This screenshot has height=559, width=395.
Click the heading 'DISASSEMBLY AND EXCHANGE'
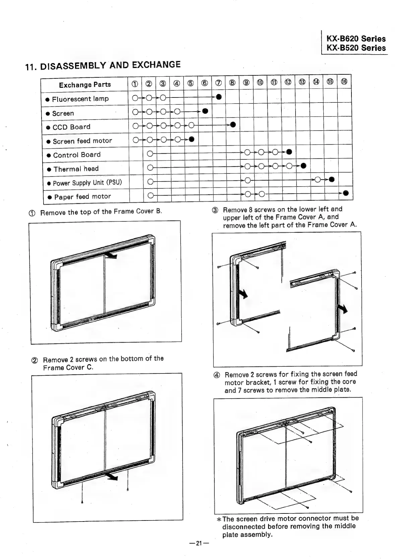tap(110, 65)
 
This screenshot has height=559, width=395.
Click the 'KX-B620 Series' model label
tap(356, 39)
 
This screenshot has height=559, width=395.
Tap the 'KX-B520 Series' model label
tap(356, 48)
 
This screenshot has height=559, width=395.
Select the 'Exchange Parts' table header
tap(85, 85)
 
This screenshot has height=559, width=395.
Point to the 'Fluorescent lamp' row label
tap(80, 99)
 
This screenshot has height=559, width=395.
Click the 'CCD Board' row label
tap(71, 127)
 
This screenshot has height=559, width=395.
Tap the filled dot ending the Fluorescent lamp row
tap(218, 97)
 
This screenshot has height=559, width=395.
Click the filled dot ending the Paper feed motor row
tap(346, 193)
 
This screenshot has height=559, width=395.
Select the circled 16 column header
tap(344, 82)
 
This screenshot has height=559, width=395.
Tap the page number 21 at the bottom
tap(198, 543)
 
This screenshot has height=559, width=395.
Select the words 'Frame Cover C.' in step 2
tap(68, 367)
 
